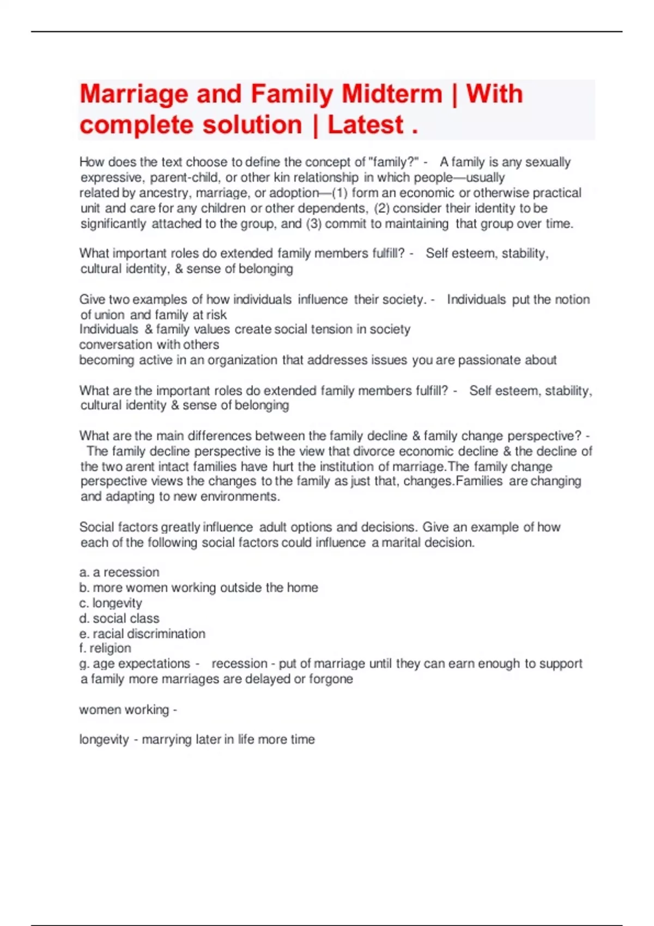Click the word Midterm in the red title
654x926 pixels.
pyautogui.click(x=391, y=94)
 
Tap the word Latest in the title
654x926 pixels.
pyautogui.click(x=365, y=125)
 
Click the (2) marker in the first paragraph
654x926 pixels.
pyautogui.click(x=382, y=208)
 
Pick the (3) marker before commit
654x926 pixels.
pyautogui.click(x=313, y=223)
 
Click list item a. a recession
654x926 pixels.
pyautogui.click(x=119, y=572)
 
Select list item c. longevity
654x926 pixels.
pyautogui.click(x=111, y=603)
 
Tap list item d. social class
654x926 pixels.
pyautogui.click(x=119, y=618)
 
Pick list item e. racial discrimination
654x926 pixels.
pyautogui.click(x=142, y=633)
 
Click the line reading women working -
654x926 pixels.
pyautogui.click(x=128, y=710)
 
